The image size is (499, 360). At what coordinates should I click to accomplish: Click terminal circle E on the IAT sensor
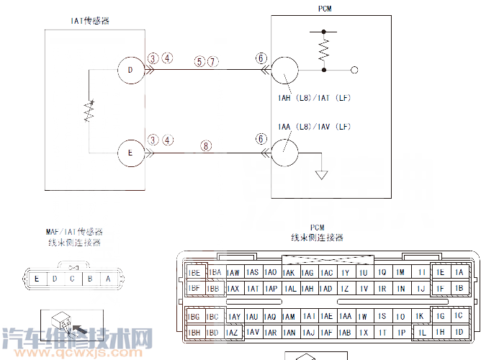(130, 153)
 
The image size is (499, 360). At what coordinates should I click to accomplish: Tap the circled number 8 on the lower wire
(207, 145)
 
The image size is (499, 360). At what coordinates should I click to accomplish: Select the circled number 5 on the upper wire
(199, 62)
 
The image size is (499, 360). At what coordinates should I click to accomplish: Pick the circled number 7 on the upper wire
(212, 62)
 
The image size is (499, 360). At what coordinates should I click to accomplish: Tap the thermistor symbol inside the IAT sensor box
(89, 112)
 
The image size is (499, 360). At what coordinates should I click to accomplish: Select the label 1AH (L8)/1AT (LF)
(313, 98)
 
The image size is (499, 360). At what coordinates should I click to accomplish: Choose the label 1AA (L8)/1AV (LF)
(313, 127)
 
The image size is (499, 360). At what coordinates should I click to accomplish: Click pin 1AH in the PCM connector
(307, 289)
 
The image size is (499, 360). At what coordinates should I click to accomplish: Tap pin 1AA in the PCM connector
(345, 317)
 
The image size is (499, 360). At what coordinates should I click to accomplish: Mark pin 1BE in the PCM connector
(194, 273)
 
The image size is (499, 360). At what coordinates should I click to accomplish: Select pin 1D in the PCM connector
(459, 333)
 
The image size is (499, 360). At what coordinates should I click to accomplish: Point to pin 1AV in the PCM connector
(251, 333)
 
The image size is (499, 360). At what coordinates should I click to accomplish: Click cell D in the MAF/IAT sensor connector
(55, 279)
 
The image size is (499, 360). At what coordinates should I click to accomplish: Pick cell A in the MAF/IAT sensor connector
(108, 279)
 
